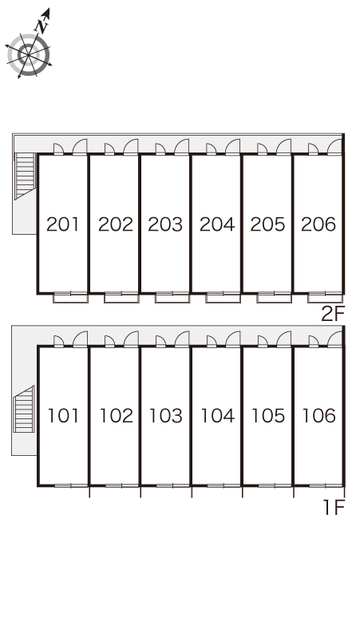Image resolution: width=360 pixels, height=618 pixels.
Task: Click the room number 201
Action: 63,224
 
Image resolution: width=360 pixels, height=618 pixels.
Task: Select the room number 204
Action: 217,224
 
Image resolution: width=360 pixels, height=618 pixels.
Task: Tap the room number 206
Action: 318,224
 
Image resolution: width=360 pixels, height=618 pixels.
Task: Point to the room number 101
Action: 63,416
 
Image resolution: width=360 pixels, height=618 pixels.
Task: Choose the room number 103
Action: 166,416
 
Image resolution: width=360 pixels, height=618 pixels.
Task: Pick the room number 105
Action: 268,416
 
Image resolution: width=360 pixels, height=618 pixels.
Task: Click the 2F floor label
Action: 333,314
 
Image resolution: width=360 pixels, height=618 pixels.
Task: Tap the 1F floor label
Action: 334,507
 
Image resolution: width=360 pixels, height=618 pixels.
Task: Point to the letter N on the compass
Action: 42,26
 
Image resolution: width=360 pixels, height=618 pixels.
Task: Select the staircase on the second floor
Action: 26,176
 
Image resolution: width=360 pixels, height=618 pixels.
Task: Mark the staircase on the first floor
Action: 24,409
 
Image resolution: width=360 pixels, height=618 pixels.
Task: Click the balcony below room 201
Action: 71,298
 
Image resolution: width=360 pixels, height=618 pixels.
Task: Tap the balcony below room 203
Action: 172,298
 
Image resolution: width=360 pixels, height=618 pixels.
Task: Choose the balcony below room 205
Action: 274,298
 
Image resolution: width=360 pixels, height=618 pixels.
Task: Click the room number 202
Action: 116,224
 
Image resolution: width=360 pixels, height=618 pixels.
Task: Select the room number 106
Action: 318,416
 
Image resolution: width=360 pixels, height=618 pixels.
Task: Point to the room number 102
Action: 117,416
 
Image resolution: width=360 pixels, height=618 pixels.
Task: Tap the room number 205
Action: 267,224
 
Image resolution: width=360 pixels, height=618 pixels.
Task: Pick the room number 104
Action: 218,416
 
